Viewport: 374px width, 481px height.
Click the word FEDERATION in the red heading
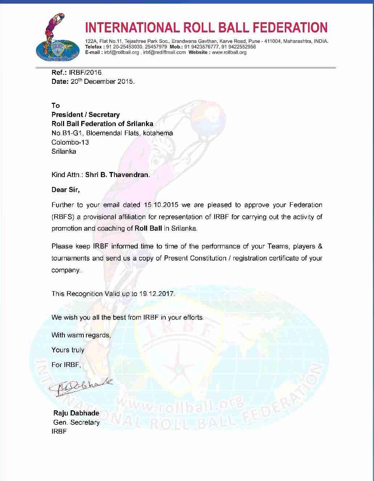(284, 27)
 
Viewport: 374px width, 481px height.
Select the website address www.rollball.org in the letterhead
(229, 52)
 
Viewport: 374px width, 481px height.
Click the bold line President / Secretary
(86, 115)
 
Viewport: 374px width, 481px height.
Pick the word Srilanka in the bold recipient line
(139, 124)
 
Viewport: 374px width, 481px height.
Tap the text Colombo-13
(70, 142)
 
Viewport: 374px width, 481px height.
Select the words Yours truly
(68, 350)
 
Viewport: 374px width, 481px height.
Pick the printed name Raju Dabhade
(76, 414)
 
